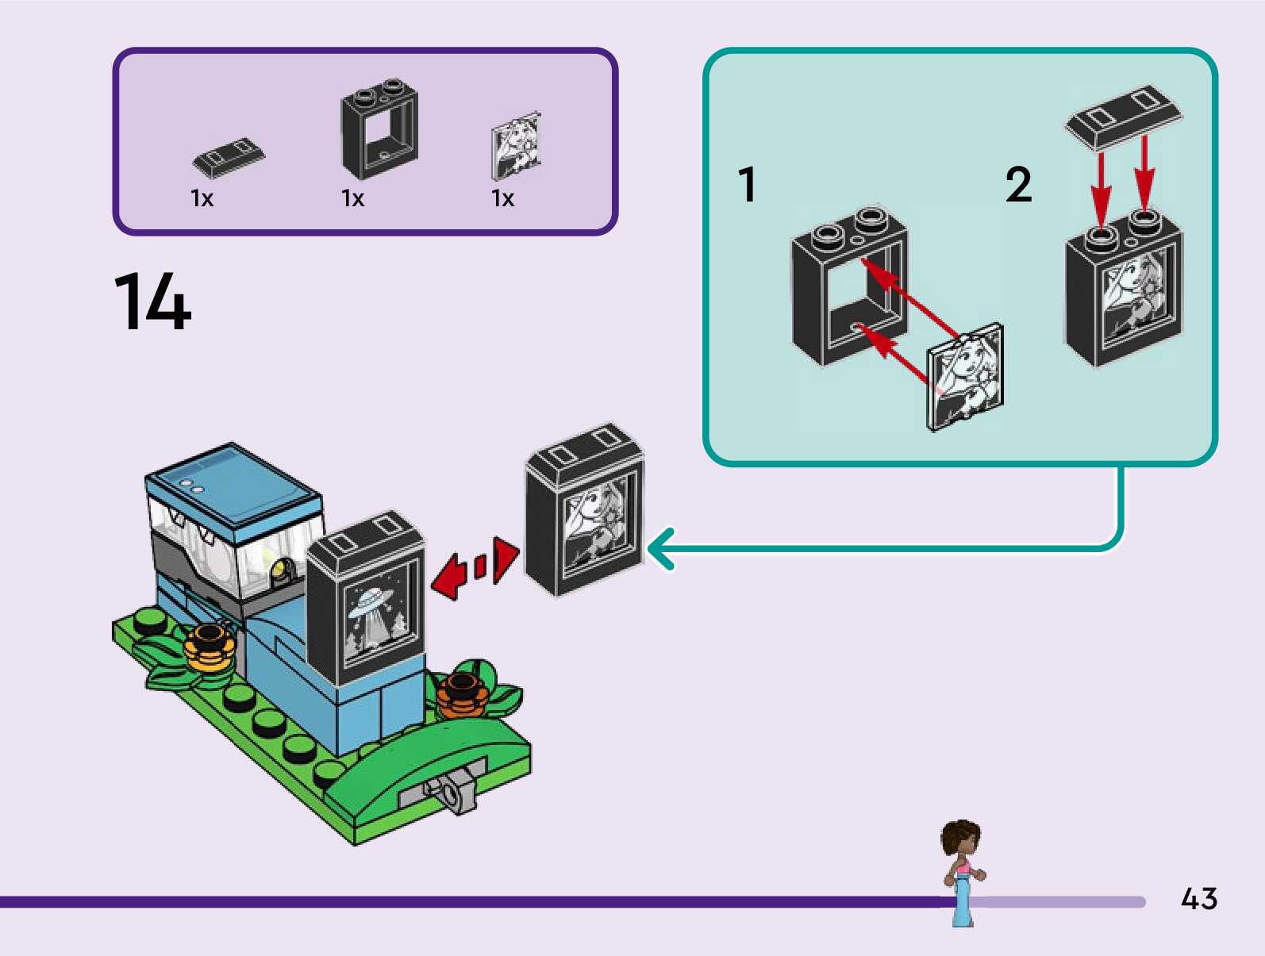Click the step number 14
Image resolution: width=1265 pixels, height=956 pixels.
(x=153, y=301)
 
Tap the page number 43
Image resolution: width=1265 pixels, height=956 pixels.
(x=1198, y=899)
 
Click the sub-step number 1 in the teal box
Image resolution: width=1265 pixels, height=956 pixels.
(x=747, y=184)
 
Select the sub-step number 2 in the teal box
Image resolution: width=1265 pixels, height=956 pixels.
(x=1019, y=184)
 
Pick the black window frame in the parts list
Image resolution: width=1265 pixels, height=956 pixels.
(x=379, y=130)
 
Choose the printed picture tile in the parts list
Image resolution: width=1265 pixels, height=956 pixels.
(x=516, y=147)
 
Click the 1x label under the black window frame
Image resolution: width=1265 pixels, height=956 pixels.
(x=352, y=198)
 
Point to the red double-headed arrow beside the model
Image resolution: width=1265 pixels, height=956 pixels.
(x=475, y=567)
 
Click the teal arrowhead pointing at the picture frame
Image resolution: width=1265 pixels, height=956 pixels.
(x=661, y=548)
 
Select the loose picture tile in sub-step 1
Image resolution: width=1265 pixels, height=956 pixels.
(x=965, y=378)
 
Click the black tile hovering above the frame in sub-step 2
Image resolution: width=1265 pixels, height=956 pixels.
(x=1123, y=116)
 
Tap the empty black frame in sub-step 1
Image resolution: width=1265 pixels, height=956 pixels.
(x=849, y=286)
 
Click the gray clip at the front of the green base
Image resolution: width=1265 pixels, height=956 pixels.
(x=449, y=790)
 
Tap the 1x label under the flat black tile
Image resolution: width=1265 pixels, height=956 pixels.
(x=202, y=198)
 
